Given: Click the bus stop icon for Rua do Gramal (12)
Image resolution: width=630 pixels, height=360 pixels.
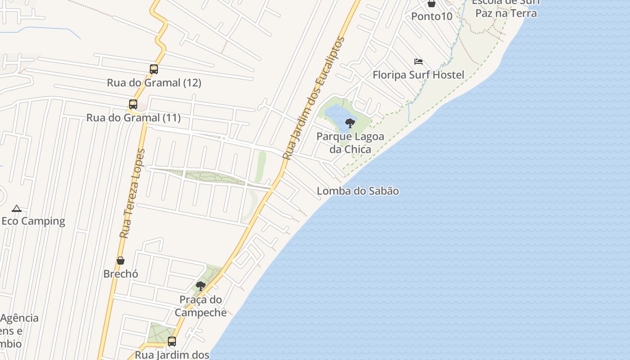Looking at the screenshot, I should tap(154, 69).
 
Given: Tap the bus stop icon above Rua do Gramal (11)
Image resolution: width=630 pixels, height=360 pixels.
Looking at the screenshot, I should tap(133, 104).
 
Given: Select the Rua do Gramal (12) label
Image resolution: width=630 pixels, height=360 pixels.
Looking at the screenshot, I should tap(154, 83).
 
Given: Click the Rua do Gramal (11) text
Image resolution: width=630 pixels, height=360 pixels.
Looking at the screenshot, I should tap(133, 118).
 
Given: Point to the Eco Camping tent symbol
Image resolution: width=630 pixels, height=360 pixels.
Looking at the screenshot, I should tap(17, 208).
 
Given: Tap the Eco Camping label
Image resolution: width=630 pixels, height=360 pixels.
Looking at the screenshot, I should tap(33, 221).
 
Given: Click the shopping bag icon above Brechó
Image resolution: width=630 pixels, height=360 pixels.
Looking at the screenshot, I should tap(121, 261).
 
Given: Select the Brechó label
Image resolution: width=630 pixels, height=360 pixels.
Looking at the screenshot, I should tap(121, 274).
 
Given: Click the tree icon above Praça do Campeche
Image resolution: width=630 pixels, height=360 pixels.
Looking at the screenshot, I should tap(201, 286).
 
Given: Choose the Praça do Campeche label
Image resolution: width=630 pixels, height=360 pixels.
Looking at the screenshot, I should tap(201, 306).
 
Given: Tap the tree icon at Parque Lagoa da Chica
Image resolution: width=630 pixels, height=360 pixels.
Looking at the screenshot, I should tap(350, 123).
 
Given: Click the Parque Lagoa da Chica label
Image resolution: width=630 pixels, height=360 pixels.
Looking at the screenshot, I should tap(350, 143).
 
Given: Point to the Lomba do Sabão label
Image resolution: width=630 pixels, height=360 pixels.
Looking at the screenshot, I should tap(358, 191).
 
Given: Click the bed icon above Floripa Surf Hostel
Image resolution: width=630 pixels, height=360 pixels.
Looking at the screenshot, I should tap(418, 62).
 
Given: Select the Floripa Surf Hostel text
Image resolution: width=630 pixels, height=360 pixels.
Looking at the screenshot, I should tap(418, 75).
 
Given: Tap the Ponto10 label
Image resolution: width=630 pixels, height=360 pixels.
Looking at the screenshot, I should tap(432, 16).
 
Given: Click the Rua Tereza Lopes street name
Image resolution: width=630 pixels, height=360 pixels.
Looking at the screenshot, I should tap(133, 193).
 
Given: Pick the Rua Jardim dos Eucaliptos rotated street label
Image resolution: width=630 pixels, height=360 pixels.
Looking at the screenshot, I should tap(313, 98).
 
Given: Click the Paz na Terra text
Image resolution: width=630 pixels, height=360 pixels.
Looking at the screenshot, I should tap(506, 13).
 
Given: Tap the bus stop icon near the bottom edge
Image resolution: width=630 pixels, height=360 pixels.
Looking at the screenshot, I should tap(172, 342).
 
